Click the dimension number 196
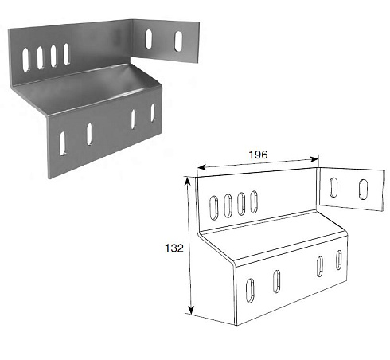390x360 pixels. (258, 155)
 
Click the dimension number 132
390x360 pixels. (174, 248)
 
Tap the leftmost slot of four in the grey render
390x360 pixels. (25, 60)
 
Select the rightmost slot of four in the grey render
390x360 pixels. (66, 54)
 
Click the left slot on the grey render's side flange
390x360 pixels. (149, 39)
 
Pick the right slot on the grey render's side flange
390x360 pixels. (178, 41)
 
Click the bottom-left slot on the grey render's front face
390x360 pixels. (63, 143)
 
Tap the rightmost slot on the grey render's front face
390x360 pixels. (153, 112)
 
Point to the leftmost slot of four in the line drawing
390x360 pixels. (214, 208)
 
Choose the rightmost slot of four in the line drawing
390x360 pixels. (254, 202)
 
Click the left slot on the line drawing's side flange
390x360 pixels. (333, 187)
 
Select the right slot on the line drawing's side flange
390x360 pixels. (363, 190)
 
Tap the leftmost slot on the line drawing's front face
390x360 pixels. (250, 291)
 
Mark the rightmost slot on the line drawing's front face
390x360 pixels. (339, 260)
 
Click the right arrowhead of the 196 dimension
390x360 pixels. (314, 159)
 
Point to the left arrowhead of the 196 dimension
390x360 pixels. (202, 167)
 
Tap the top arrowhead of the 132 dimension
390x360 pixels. (188, 181)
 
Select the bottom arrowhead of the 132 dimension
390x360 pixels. (191, 310)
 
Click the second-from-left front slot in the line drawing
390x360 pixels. (277, 282)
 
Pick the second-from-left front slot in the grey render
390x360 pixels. (90, 135)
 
